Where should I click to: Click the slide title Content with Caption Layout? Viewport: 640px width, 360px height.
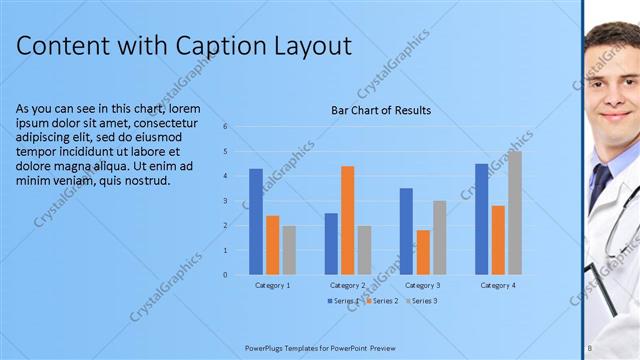(x=184, y=46)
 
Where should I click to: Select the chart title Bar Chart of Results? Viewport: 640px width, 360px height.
(x=381, y=110)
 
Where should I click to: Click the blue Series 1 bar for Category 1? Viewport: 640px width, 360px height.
(x=256, y=221)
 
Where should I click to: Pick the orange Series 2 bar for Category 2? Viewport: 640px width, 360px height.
(x=347, y=220)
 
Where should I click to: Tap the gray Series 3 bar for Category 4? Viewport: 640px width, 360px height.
(x=514, y=212)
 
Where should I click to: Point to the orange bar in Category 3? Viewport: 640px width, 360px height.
(x=423, y=252)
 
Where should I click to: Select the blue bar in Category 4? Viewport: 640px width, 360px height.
(x=482, y=219)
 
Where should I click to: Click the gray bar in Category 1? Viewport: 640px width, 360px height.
(x=289, y=250)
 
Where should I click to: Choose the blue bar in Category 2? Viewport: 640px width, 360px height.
(x=331, y=243)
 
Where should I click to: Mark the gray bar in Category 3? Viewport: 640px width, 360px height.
(x=439, y=237)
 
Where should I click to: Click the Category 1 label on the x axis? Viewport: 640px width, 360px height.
(x=272, y=286)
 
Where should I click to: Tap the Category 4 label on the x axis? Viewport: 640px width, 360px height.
(x=498, y=286)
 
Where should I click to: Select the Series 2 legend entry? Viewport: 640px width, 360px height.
(x=384, y=301)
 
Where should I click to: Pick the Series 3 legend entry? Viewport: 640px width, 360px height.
(x=422, y=301)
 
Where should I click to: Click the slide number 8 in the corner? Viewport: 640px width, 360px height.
(x=590, y=348)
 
